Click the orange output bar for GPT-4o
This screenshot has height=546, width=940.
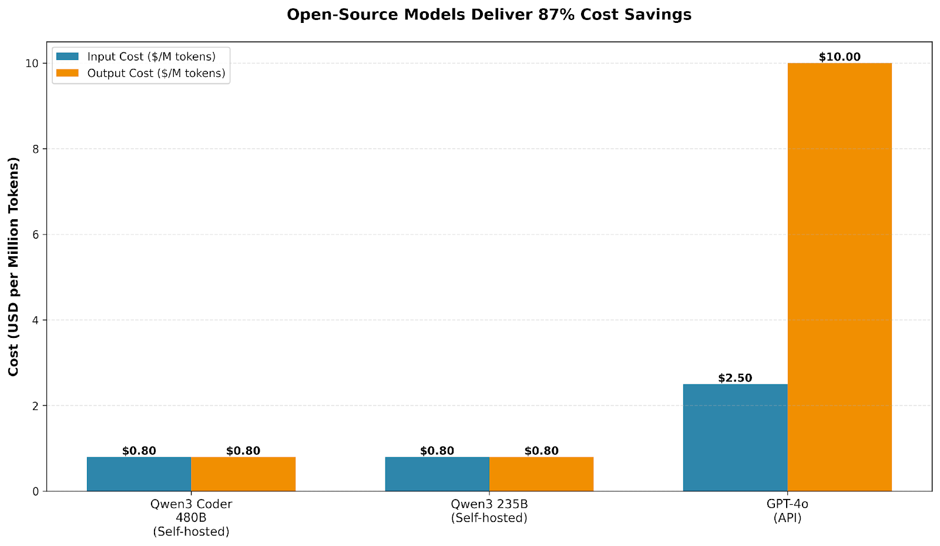(839, 276)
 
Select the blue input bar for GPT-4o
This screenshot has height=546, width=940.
(735, 437)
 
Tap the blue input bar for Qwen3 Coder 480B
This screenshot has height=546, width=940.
(139, 474)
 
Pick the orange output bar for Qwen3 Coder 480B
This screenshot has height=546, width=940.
(243, 474)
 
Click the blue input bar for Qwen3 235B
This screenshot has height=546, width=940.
(437, 474)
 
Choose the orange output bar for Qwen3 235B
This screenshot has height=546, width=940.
(541, 474)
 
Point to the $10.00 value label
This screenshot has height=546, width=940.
(839, 57)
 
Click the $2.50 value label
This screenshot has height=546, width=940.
(735, 378)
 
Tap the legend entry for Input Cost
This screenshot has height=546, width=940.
(151, 57)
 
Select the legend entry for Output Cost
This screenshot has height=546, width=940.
(156, 73)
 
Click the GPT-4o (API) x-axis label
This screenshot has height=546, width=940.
(787, 511)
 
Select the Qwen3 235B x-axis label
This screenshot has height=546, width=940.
(489, 511)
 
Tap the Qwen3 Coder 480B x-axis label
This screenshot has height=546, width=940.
(191, 517)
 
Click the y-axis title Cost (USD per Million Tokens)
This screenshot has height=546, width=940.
(14, 267)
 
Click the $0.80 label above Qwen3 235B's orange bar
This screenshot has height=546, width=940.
(541, 451)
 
